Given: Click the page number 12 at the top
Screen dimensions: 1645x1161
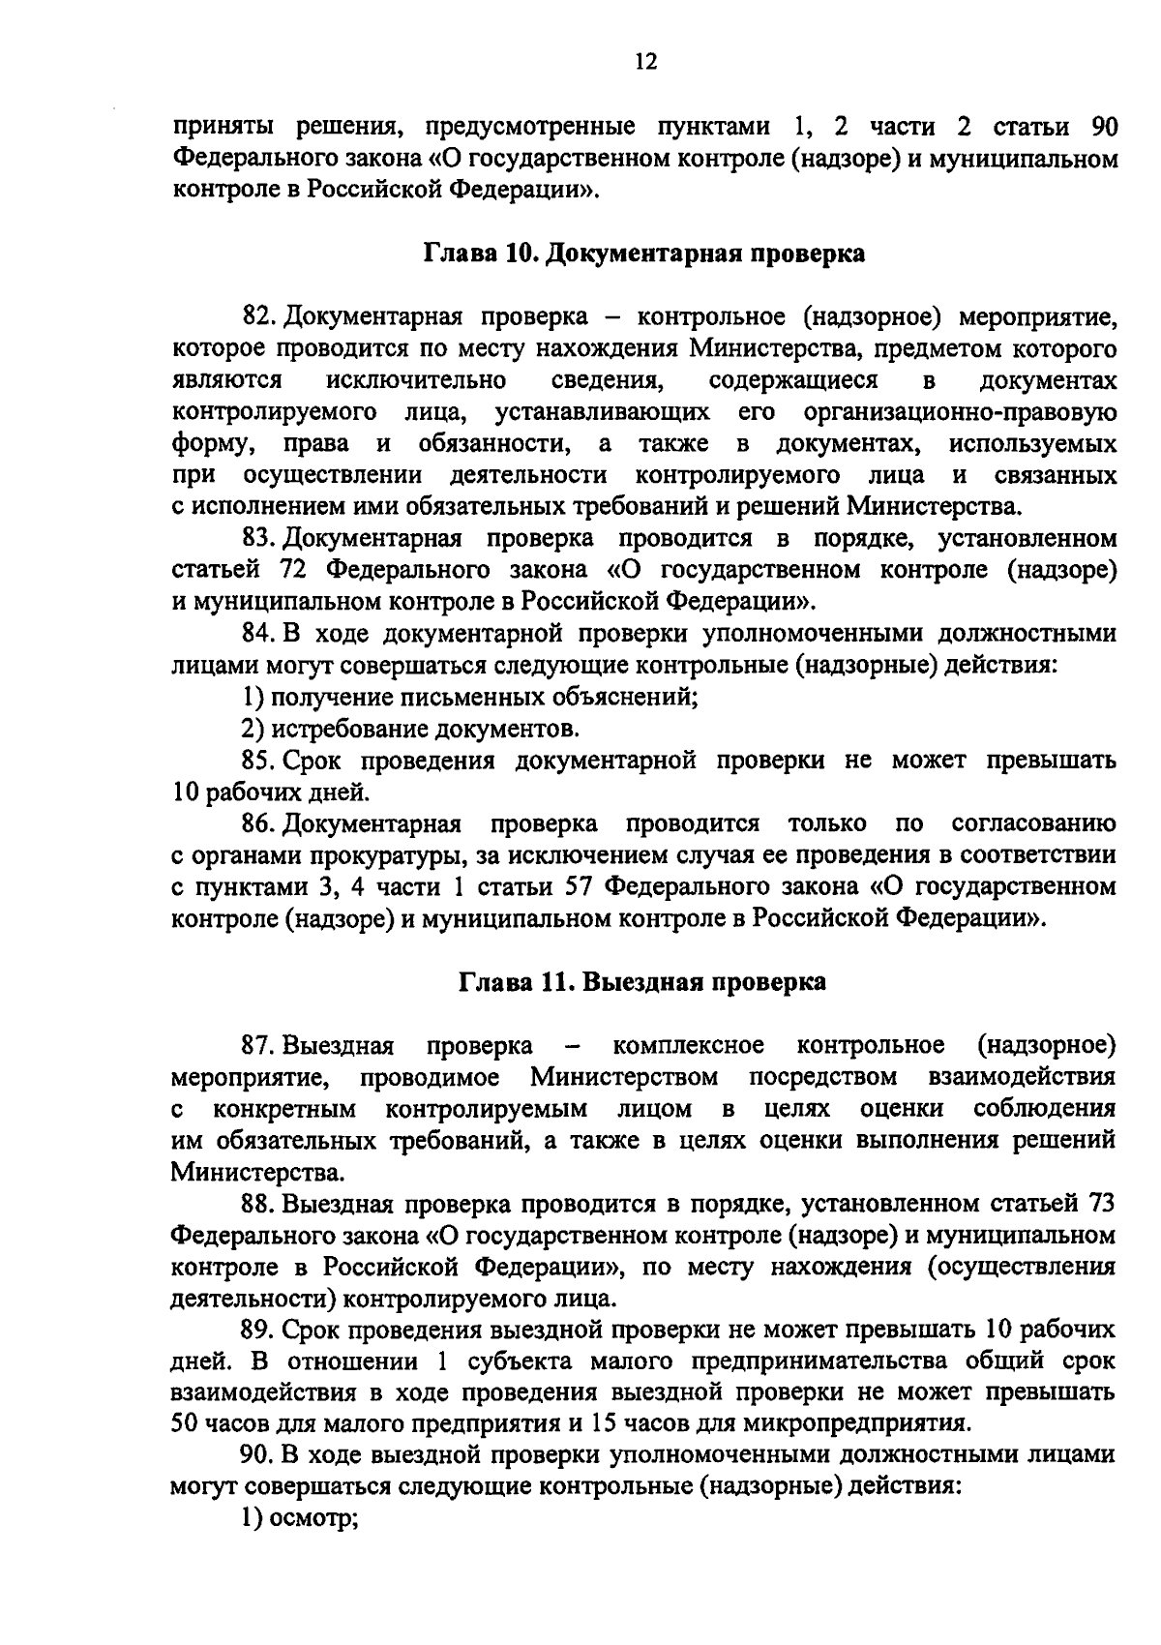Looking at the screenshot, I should [x=646, y=62].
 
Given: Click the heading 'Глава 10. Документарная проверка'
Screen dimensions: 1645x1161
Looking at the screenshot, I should [x=643, y=254].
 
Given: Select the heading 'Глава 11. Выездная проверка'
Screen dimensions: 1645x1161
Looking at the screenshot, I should [x=642, y=982].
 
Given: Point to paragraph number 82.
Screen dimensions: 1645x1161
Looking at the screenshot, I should [x=258, y=316].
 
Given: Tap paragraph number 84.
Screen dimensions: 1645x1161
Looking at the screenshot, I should [x=258, y=634].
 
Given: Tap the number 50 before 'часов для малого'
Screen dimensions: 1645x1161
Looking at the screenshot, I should [x=184, y=1423].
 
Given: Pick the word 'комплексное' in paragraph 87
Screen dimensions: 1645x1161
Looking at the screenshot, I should [x=689, y=1046].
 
